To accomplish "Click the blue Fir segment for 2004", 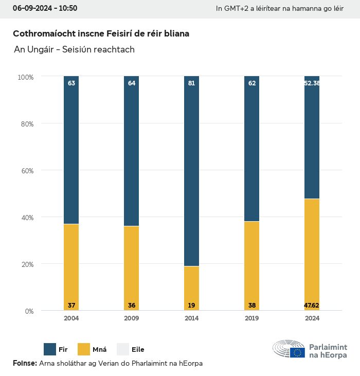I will [x=71, y=149].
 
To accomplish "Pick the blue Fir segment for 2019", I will [x=251, y=149].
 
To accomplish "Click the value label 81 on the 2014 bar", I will [x=191, y=83].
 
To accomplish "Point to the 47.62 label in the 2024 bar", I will [x=312, y=306].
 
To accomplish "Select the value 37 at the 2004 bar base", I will [x=71, y=306].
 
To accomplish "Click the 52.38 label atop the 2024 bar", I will [x=312, y=83].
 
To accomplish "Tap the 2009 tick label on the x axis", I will [x=131, y=318].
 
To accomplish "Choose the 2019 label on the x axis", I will [x=251, y=318].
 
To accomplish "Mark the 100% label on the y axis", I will [x=25, y=77].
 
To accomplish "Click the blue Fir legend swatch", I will [x=50, y=349].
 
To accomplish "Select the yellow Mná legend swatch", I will [x=83, y=349].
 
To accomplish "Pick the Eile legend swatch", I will [x=122, y=349].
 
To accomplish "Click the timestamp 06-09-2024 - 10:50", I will [x=45, y=8].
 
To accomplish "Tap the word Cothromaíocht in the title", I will [x=43, y=33].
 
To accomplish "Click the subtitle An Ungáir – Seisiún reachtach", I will [x=75, y=49].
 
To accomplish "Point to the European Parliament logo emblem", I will [x=289, y=349].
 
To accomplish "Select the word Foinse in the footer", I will [x=24, y=363].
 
